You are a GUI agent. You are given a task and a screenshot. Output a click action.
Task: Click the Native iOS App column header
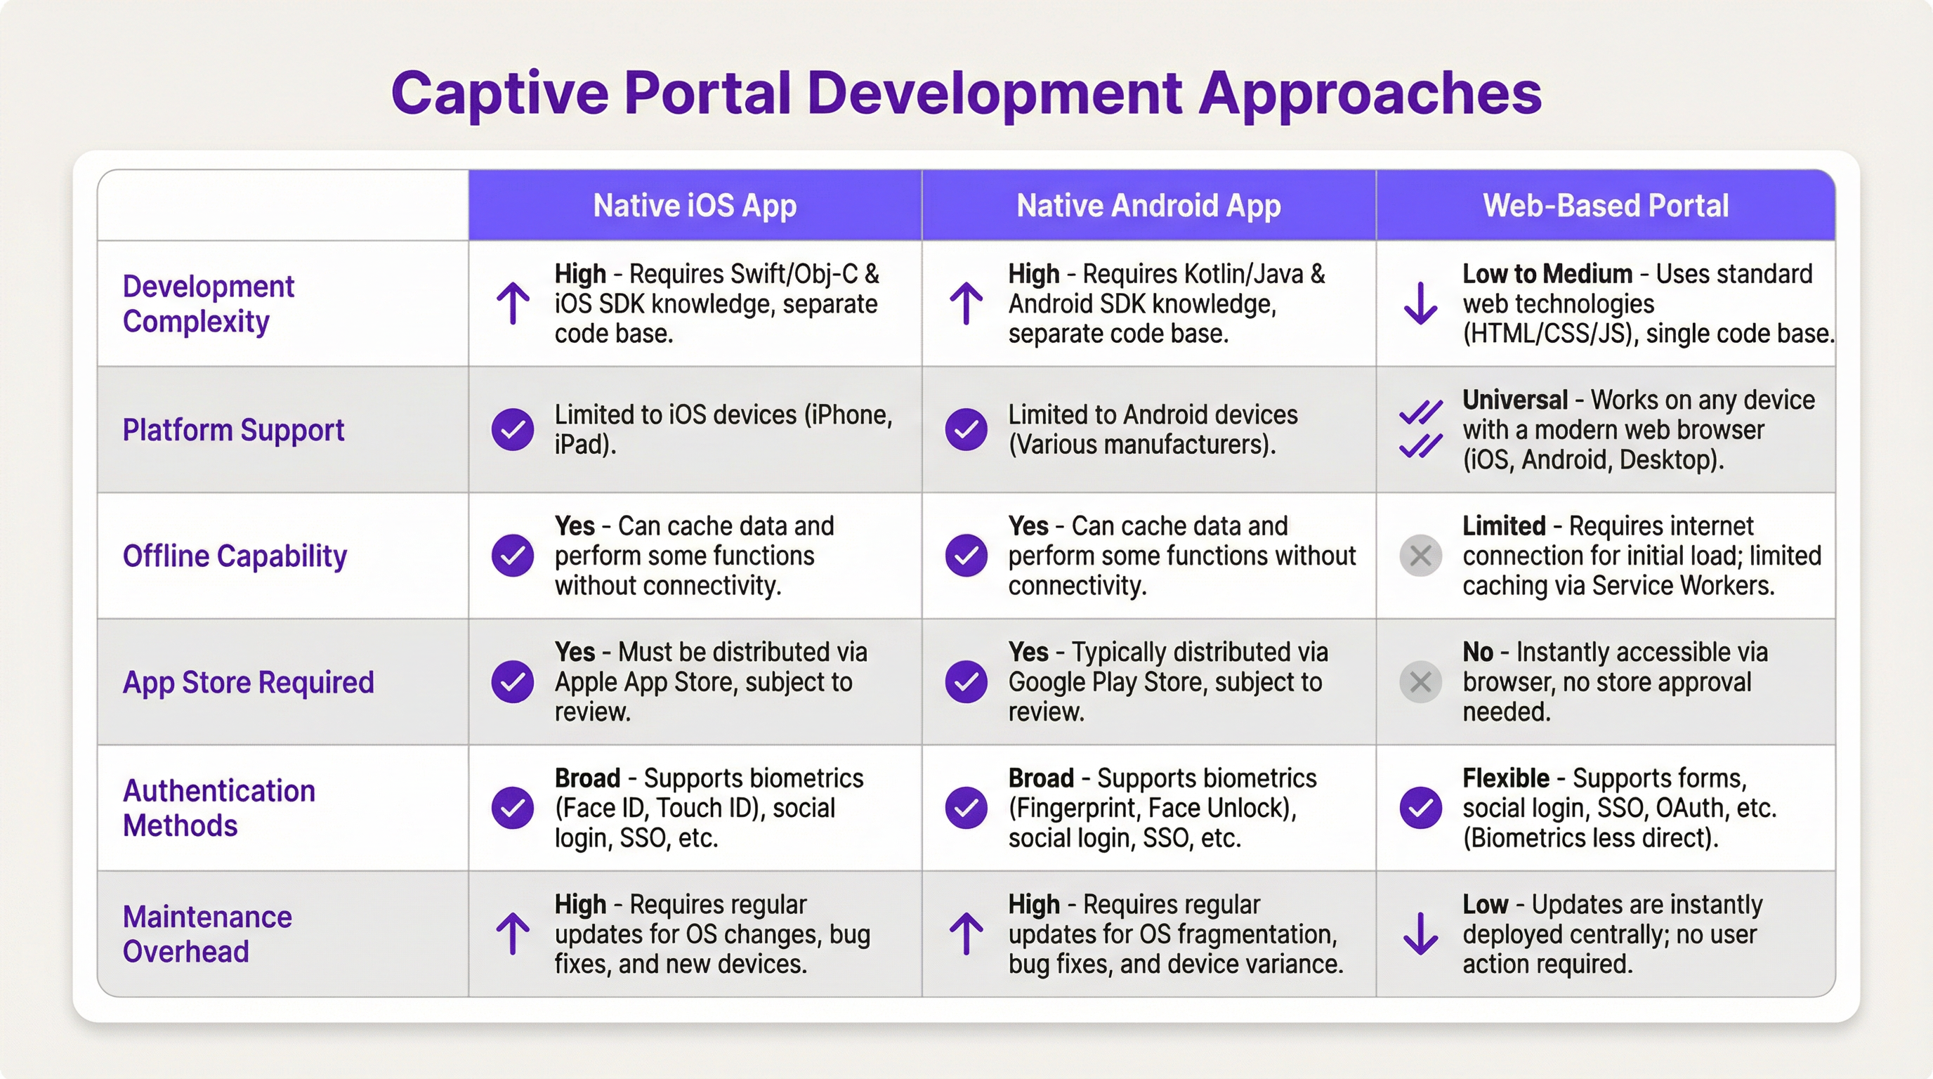coord(695,206)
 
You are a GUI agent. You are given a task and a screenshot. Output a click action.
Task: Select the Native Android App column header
coord(1148,206)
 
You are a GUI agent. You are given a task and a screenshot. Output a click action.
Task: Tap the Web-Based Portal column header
coord(1606,206)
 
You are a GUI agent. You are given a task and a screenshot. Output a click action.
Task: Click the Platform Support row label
coord(233,431)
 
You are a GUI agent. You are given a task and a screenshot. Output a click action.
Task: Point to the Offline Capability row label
coord(235,556)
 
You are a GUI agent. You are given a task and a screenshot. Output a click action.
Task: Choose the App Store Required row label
coord(249,683)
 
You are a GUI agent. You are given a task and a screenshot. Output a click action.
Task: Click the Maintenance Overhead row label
coord(207,934)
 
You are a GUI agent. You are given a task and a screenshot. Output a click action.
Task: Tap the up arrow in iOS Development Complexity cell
coord(513,303)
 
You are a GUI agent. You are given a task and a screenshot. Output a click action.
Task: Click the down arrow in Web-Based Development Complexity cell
coord(1420,303)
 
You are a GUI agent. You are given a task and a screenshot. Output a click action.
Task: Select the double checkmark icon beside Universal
coord(1420,429)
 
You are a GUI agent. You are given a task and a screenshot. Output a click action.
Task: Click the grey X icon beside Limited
coord(1420,556)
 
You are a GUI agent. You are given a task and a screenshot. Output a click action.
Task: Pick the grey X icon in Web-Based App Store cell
coord(1420,682)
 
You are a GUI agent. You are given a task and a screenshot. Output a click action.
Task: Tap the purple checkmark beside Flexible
coord(1420,808)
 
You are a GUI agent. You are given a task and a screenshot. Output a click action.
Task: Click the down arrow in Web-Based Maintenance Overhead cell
coord(1420,934)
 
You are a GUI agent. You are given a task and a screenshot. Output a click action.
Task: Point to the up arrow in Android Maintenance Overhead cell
coord(967,934)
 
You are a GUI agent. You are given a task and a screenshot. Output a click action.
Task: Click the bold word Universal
coord(1515,400)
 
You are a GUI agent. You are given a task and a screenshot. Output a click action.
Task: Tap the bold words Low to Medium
coord(1547,274)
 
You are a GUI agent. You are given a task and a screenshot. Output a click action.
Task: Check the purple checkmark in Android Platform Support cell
coord(967,430)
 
